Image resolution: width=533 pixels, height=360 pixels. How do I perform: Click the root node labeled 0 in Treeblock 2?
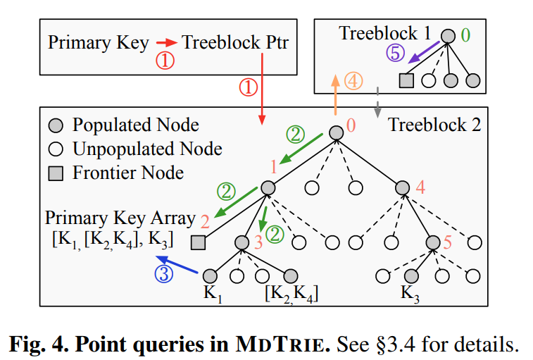pyautogui.click(x=336, y=132)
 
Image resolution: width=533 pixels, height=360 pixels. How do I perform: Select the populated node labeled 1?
pyautogui.click(x=268, y=187)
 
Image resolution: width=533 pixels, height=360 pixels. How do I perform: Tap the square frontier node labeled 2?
pyautogui.click(x=199, y=242)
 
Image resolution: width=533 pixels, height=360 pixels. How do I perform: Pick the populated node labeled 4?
pyautogui.click(x=402, y=187)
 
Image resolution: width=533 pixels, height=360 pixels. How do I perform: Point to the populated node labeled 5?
pyautogui.click(x=433, y=242)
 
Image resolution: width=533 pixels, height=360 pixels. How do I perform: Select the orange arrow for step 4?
pyautogui.click(x=335, y=96)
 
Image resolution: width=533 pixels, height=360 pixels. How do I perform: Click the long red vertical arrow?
pyautogui.click(x=261, y=92)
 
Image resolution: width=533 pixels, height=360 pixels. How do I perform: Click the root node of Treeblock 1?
pyautogui.click(x=449, y=35)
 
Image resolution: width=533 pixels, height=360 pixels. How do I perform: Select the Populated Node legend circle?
pyautogui.click(x=58, y=125)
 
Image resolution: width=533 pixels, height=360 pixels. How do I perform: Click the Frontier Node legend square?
pyautogui.click(x=58, y=173)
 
